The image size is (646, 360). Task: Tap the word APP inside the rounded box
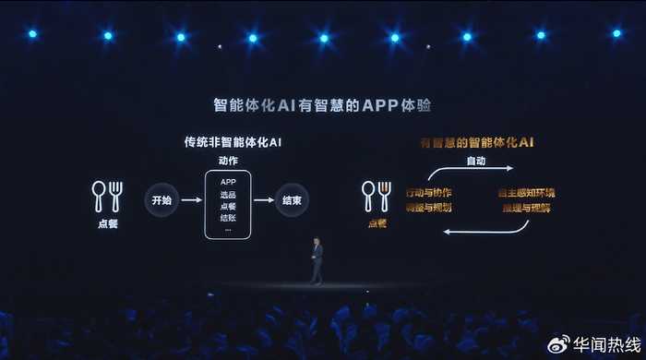pos(228,182)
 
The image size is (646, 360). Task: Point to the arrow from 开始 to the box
pos(187,199)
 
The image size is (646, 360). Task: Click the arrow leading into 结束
pos(264,199)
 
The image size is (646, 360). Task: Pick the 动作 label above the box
pos(228,160)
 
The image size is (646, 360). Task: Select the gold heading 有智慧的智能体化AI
pos(477,143)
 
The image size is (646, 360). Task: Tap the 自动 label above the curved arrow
pos(475,161)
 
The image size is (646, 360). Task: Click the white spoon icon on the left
pos(99,195)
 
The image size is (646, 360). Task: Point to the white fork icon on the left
pos(116,195)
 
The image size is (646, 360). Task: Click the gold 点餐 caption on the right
pos(377,222)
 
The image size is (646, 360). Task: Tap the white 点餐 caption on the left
pos(107,222)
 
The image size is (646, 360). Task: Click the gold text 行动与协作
pos(428,193)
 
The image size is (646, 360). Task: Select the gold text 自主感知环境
pos(526,193)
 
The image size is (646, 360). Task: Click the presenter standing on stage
pos(317,260)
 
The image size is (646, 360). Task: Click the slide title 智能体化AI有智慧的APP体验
pos(322,104)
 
